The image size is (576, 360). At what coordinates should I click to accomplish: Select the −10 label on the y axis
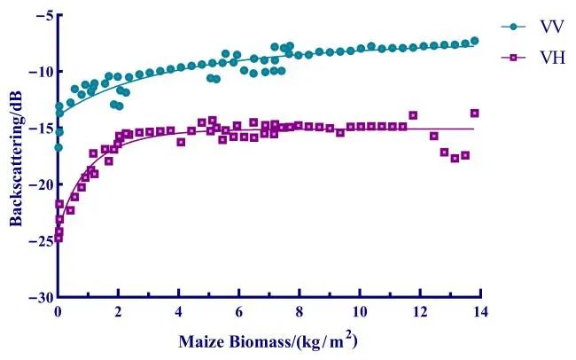38,72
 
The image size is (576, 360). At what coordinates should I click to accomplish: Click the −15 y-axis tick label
38,128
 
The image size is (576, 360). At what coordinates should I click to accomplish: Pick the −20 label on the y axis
38,184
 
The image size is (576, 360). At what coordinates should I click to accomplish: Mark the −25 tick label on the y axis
38,240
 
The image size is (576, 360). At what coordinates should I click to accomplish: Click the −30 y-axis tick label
38,297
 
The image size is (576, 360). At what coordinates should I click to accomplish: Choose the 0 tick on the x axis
58,313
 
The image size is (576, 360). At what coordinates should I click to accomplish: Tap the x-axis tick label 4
179,313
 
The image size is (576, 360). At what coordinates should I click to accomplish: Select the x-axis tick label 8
300,313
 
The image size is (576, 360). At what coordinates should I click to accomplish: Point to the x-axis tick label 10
360,313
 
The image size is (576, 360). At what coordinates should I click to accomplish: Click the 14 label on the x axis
480,313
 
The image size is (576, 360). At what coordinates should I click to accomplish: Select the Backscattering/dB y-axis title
15,158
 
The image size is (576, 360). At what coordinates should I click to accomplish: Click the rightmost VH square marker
474,113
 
